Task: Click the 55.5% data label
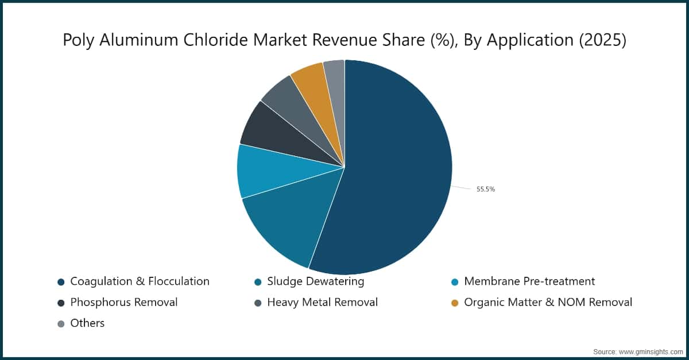pos(486,189)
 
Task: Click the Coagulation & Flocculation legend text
pos(140,281)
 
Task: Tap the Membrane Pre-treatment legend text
pos(529,281)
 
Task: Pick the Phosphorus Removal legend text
pos(123,302)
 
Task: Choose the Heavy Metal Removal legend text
pos(322,302)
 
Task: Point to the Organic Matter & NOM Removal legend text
pos(548,302)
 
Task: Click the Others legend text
pos(87,323)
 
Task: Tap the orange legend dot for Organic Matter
pos(455,303)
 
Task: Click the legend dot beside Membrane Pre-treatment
pos(455,282)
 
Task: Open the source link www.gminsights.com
pos(650,350)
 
